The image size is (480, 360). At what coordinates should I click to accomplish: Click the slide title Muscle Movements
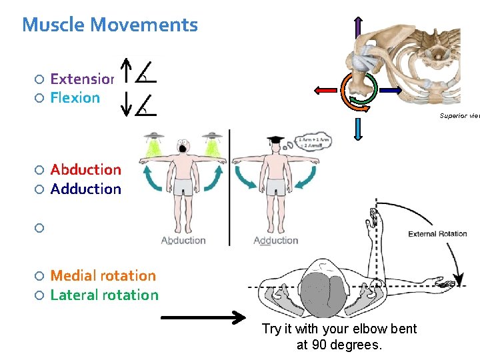tap(110, 25)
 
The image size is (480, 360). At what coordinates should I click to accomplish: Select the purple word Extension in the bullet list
tap(82, 79)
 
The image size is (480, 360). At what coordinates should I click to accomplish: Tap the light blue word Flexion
tap(75, 97)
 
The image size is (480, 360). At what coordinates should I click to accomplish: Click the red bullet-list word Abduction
tap(85, 170)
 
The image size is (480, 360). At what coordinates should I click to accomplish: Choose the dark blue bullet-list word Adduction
tap(85, 189)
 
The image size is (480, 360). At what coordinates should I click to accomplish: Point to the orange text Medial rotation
tap(103, 275)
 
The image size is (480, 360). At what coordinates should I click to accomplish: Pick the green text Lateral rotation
tap(104, 295)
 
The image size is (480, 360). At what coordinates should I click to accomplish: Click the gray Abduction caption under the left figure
tap(183, 240)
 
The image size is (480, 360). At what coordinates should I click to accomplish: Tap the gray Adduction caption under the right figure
tap(275, 240)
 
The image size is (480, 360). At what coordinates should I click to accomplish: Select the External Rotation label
tap(437, 234)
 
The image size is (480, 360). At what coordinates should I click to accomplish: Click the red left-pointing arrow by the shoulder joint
tap(325, 89)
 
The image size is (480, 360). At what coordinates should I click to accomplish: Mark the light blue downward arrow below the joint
tap(358, 127)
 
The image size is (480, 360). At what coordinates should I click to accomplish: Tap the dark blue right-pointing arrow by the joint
tap(389, 89)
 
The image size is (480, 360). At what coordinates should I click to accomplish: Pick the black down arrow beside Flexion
tap(125, 104)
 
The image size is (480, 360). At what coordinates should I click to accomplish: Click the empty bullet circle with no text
tap(39, 228)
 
